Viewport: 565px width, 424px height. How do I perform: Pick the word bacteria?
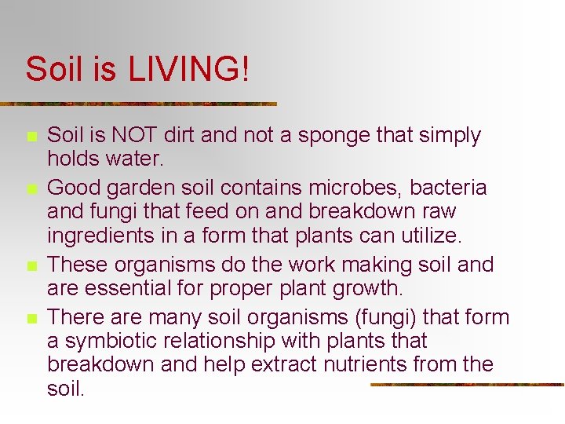[x=449, y=188]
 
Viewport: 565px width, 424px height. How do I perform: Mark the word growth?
[x=365, y=288]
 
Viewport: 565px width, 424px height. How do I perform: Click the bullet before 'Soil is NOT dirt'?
[x=31, y=137]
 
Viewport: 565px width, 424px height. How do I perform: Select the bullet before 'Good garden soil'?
[x=31, y=190]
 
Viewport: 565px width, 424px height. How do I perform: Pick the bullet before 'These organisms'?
[x=31, y=266]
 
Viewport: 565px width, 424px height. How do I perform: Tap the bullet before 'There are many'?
[x=31, y=319]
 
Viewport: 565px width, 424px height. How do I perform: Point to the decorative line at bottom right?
[x=466, y=385]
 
